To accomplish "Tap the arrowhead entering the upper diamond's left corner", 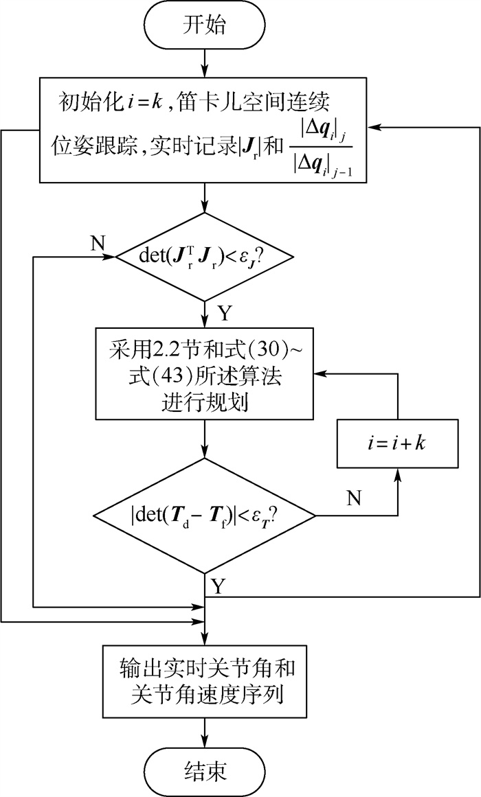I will [111, 257].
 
